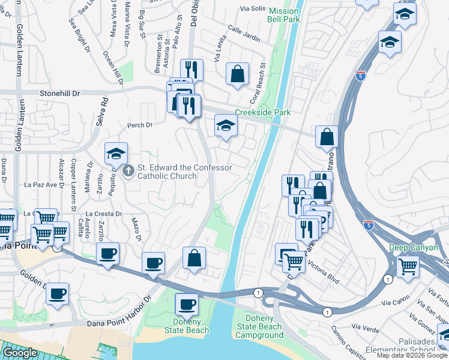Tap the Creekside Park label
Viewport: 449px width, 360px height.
click(262, 113)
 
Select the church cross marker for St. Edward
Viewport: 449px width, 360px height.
click(128, 172)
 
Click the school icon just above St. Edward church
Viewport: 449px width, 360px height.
click(116, 154)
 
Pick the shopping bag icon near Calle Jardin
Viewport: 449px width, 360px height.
click(238, 74)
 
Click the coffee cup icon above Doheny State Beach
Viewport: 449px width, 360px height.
click(186, 304)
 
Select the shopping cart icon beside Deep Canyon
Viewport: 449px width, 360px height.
click(408, 266)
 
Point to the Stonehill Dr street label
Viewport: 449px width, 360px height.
click(59, 94)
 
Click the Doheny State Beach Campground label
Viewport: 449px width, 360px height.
click(259, 326)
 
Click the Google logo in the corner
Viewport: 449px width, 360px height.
click(20, 353)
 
